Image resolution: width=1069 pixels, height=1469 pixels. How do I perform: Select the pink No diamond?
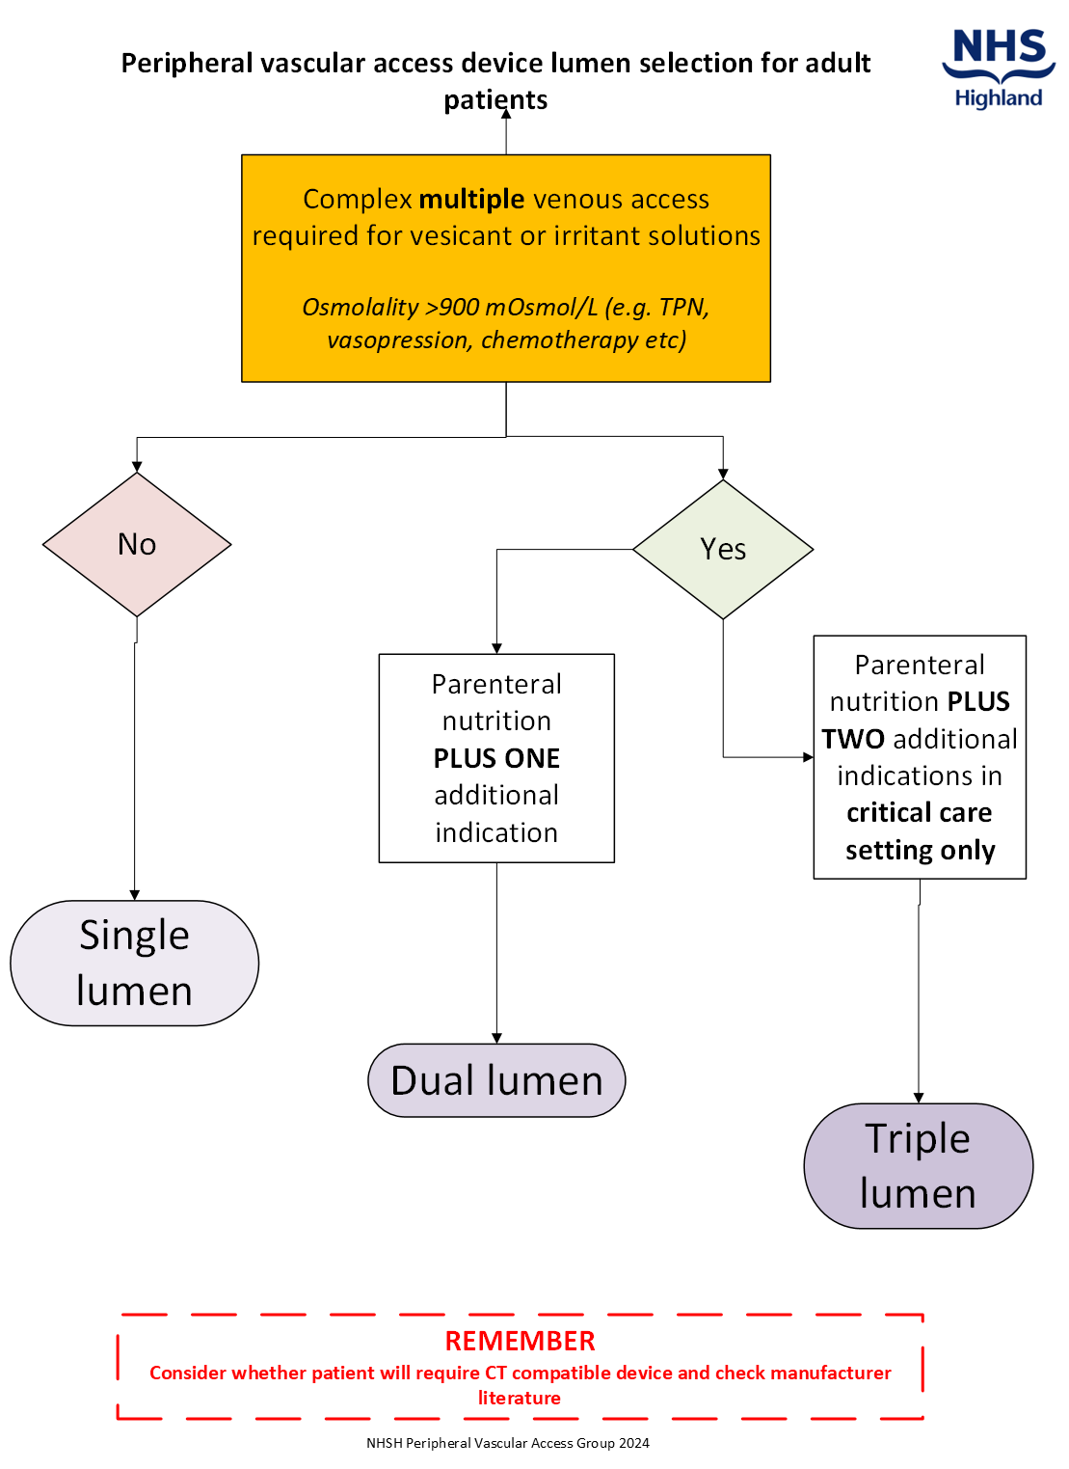pyautogui.click(x=137, y=544)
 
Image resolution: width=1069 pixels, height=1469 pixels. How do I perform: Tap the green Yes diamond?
pyautogui.click(x=723, y=549)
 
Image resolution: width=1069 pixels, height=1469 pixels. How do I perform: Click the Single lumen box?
pyautogui.click(x=134, y=963)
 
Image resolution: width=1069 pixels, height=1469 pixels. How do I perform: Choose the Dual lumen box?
pyautogui.click(x=496, y=1080)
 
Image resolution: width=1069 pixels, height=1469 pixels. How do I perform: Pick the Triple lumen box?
pyautogui.click(x=918, y=1165)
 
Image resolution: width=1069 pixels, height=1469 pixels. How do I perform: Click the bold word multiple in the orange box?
pyautogui.click(x=471, y=199)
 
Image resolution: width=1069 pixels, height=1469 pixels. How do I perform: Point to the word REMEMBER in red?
pyautogui.click(x=520, y=1341)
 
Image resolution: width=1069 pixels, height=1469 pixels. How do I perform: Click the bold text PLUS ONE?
pyautogui.click(x=496, y=758)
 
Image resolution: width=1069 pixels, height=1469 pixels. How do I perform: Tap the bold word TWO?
pyautogui.click(x=853, y=739)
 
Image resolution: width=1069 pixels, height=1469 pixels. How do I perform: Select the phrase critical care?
pyautogui.click(x=919, y=813)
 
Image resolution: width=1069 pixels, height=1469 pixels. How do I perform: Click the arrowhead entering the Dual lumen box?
pyautogui.click(x=496, y=1038)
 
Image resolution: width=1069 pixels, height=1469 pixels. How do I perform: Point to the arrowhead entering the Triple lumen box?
pyautogui.click(x=919, y=1098)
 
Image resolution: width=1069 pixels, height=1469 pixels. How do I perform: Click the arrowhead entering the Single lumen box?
pyautogui.click(x=135, y=895)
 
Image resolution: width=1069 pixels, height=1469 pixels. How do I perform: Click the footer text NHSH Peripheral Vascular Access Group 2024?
pyautogui.click(x=508, y=1443)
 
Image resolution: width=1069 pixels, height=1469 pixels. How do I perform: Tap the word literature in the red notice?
pyautogui.click(x=520, y=1398)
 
